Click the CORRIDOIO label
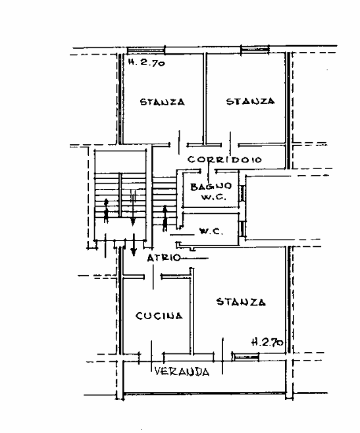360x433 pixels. [224, 160]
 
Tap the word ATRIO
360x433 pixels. [164, 258]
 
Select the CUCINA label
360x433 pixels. [159, 316]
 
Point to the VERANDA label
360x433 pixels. [182, 371]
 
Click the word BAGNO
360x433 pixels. [211, 186]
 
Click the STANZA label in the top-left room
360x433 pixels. [162, 102]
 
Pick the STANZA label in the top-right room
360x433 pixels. [250, 101]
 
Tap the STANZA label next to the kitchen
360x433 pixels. [241, 302]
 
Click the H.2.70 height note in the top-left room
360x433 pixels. [147, 63]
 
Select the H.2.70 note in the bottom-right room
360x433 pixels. [267, 342]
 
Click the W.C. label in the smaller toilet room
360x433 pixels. [211, 232]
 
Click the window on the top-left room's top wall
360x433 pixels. [146, 50]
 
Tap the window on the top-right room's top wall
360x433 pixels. [255, 49]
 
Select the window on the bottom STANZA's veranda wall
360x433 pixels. [246, 357]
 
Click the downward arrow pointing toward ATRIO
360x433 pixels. [134, 245]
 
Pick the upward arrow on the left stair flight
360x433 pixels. [106, 211]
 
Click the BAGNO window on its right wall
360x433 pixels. [242, 193]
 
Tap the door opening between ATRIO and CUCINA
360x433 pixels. [153, 276]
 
